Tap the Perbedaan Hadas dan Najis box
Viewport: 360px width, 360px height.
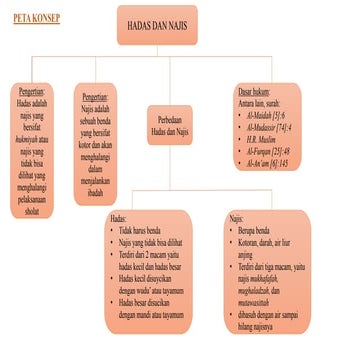(169, 125)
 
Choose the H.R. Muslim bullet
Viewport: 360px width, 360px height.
(260, 140)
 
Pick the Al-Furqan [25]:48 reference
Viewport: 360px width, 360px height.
(268, 152)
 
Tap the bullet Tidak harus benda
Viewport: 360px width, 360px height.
(143, 230)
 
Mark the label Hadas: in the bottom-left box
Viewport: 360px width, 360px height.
(119, 217)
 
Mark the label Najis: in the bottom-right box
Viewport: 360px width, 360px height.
(237, 216)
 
